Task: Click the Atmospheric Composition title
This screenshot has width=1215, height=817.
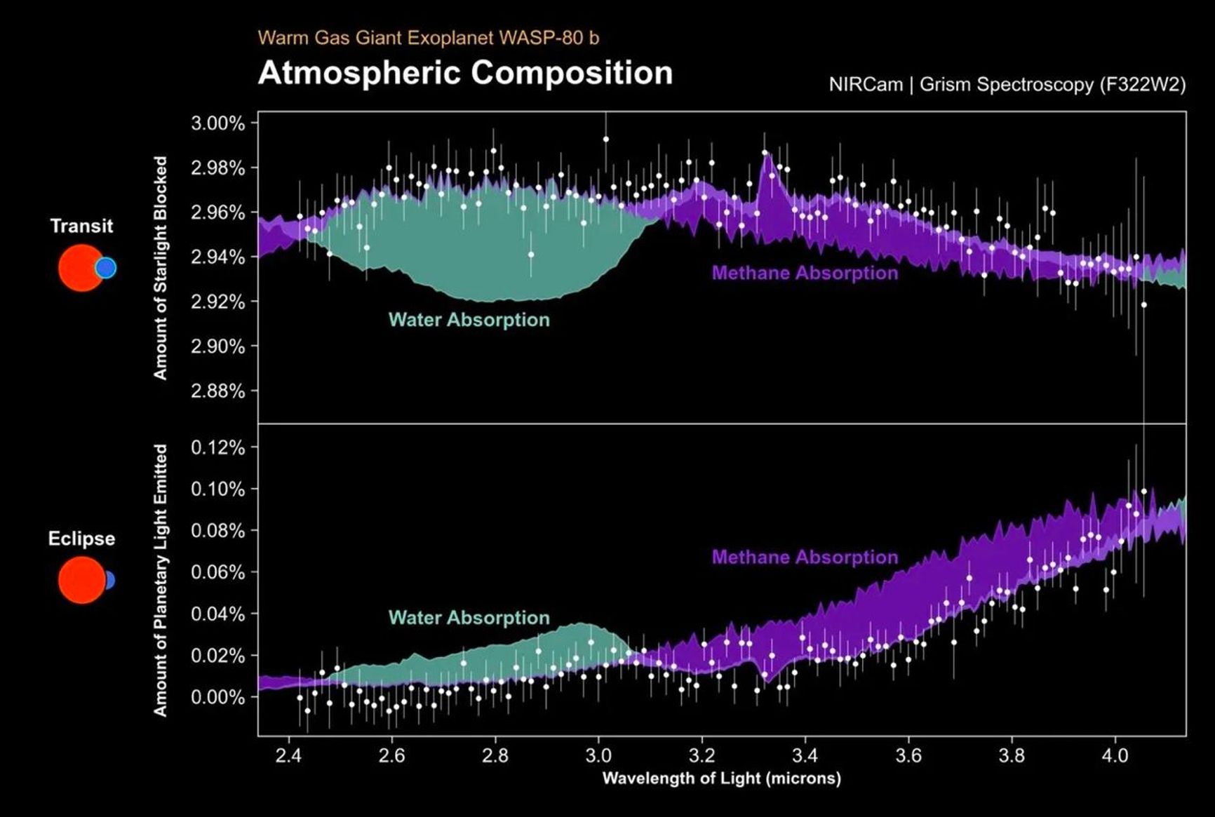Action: click(x=465, y=73)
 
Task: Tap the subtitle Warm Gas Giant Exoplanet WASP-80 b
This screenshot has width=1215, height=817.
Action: click(x=428, y=37)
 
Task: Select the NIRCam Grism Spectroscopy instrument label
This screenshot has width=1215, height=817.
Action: click(x=1007, y=85)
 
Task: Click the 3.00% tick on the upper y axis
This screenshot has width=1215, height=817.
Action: click(x=218, y=123)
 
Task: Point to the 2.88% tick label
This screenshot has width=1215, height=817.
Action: click(x=218, y=391)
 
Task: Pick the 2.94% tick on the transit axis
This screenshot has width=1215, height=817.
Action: click(x=218, y=257)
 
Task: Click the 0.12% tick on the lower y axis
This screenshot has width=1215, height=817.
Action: click(x=218, y=447)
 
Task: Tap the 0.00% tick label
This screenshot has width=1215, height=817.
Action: click(x=218, y=697)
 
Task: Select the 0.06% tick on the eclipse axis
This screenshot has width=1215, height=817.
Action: click(x=218, y=572)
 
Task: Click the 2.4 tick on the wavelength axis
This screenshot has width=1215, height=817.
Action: click(x=288, y=756)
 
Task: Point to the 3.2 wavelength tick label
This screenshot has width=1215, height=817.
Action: click(x=702, y=756)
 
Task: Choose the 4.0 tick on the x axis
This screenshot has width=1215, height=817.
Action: click(x=1115, y=756)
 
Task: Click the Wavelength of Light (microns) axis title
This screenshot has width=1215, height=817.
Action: click(x=721, y=778)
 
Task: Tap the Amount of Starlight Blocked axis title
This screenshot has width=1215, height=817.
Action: click(x=161, y=268)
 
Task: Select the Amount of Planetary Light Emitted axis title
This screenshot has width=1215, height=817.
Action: click(x=161, y=580)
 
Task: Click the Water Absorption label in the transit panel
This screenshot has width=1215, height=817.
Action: click(x=469, y=320)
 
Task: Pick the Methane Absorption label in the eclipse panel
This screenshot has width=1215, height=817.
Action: click(x=805, y=558)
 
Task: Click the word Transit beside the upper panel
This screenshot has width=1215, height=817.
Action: click(x=81, y=226)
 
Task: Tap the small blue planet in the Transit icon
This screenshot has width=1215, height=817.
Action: click(x=106, y=268)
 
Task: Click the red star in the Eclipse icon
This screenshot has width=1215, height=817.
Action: click(x=80, y=580)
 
